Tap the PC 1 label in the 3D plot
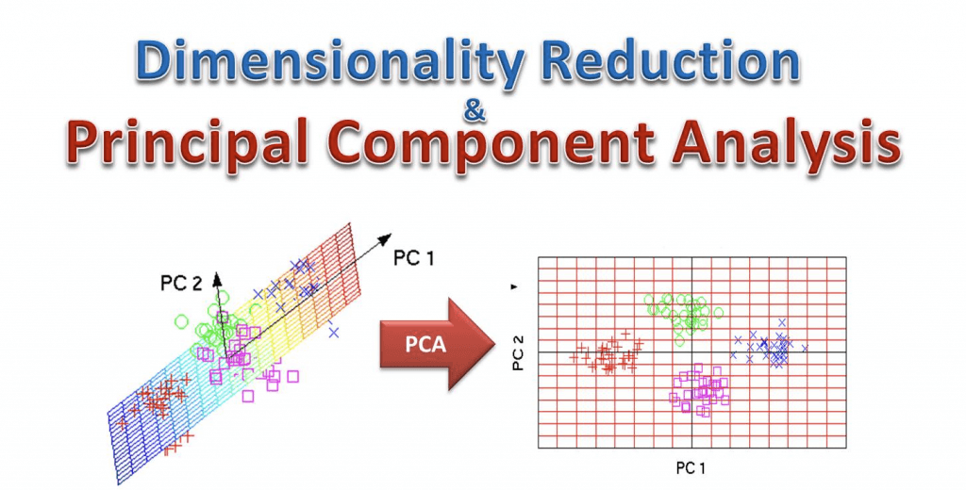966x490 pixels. [413, 258]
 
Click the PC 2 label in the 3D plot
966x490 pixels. [181, 283]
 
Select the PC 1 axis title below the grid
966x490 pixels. [691, 467]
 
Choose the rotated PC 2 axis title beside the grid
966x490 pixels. [518, 351]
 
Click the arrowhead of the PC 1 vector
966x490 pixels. [386, 238]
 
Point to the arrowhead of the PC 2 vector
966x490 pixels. [216, 279]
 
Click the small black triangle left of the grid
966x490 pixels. [514, 286]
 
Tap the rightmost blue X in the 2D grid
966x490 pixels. [804, 349]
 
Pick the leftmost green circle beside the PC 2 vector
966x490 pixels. [181, 321]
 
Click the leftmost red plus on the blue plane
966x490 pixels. [123, 423]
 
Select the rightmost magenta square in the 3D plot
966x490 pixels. [292, 375]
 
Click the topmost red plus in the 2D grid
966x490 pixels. [626, 334]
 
